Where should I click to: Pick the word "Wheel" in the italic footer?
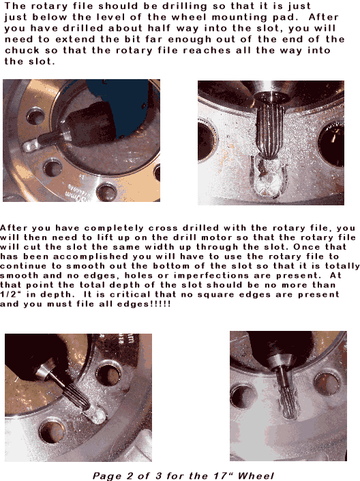256,476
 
